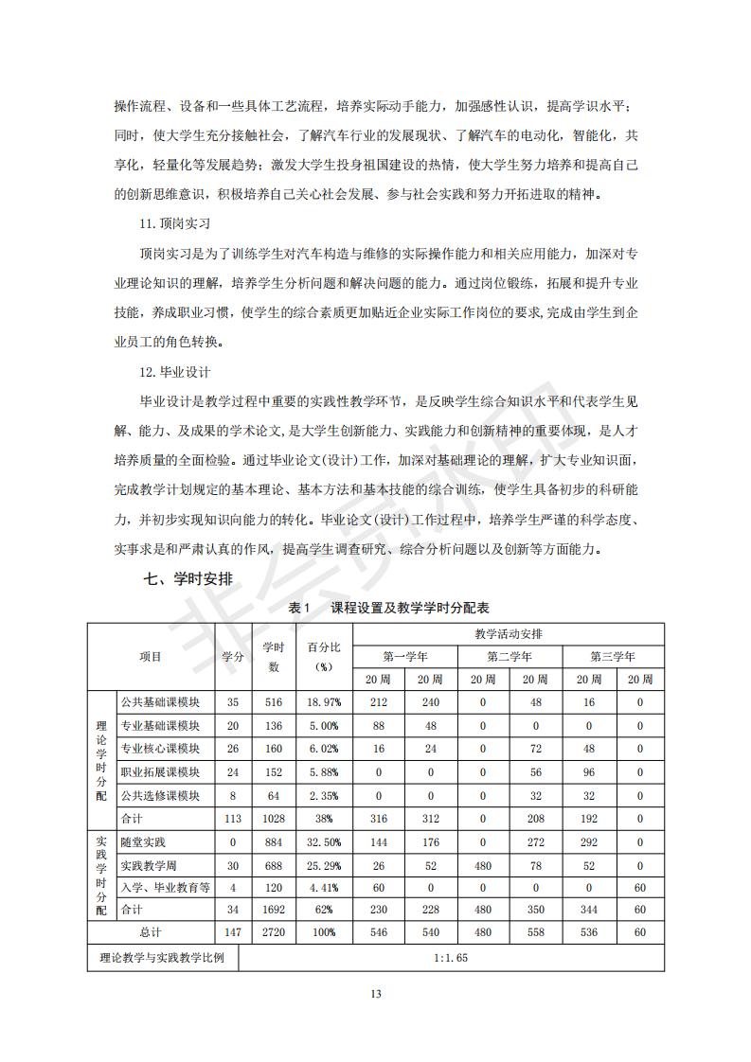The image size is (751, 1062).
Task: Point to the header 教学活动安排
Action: pos(509,633)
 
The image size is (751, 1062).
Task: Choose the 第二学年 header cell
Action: pos(509,656)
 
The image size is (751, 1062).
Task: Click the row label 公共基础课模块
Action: pos(160,702)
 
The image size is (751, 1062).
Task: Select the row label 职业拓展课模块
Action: pos(160,770)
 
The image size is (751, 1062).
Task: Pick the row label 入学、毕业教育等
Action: pos(165,887)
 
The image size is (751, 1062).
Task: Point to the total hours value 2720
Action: pos(274,932)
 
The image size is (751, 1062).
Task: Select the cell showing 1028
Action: pos(274,818)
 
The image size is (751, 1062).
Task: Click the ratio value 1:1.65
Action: pos(451,957)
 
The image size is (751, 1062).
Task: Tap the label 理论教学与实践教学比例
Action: pos(162,957)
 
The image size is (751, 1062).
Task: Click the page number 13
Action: pos(375,994)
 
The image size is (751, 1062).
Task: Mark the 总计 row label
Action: pos(151,932)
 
